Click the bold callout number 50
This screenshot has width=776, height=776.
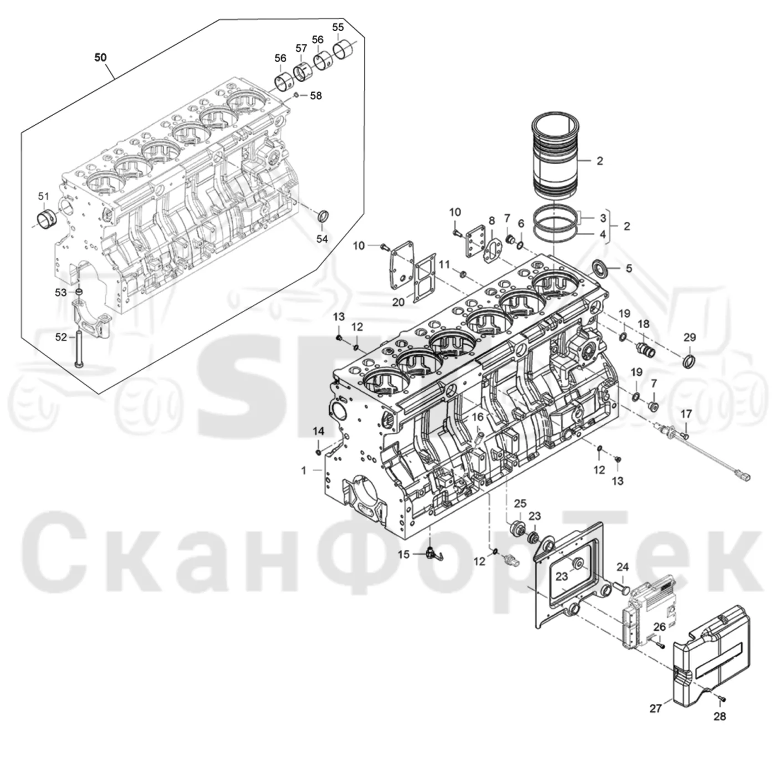(100, 58)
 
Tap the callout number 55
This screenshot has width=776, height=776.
(338, 27)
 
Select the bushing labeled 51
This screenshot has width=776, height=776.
(47, 218)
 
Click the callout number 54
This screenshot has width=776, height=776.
(321, 239)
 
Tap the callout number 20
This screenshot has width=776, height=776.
(398, 302)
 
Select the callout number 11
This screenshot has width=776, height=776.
(444, 264)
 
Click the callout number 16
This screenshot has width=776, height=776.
(478, 417)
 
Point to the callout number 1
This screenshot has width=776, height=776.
(304, 470)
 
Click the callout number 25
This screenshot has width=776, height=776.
(520, 503)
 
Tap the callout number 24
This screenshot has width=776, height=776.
(622, 567)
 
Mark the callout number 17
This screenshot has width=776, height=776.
(686, 413)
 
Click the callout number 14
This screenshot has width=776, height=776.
(319, 431)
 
